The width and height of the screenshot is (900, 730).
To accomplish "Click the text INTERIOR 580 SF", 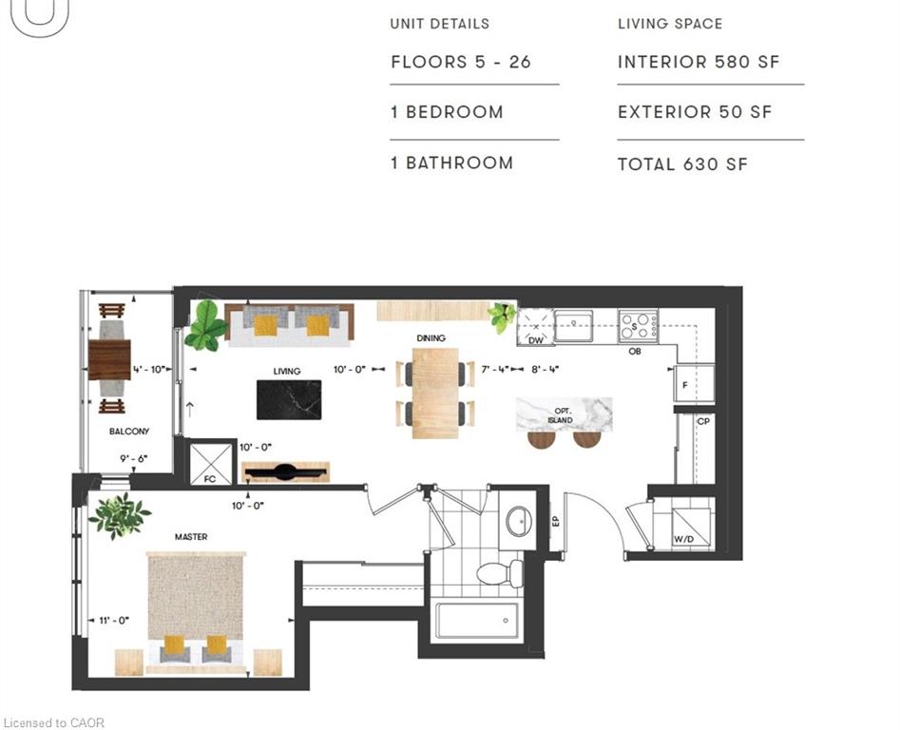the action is pos(699,62).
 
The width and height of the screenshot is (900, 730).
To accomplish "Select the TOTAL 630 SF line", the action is pos(682,164).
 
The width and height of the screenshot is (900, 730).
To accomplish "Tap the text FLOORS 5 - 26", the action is pos(461,62).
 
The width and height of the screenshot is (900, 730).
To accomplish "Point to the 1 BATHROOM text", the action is pos(451,163).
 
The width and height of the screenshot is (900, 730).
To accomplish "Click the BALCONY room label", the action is pos(129,431).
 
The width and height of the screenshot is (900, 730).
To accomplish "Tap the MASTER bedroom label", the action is pos(191,537).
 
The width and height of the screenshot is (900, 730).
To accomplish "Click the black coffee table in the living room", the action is pos(289,400).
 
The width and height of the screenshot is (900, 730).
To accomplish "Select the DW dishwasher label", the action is pos(535,340).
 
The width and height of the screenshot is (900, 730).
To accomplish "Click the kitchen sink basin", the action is pos(573,325).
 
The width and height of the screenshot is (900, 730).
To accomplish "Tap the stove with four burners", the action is pos(638,325).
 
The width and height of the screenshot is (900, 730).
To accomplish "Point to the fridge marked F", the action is pos(694,383).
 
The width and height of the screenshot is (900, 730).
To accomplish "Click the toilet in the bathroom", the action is pos(500,573).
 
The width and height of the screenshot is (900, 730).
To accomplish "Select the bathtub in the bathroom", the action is pos(477,621).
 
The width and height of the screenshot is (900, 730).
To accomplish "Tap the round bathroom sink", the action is pos(519,521).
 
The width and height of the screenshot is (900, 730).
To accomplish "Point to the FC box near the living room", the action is pos(210,463).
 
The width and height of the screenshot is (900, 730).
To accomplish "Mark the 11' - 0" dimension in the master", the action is pos(114,621).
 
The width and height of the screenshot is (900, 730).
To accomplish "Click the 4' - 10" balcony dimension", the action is pos(149,370).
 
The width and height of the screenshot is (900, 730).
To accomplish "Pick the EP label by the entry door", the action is pos(556,522).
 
